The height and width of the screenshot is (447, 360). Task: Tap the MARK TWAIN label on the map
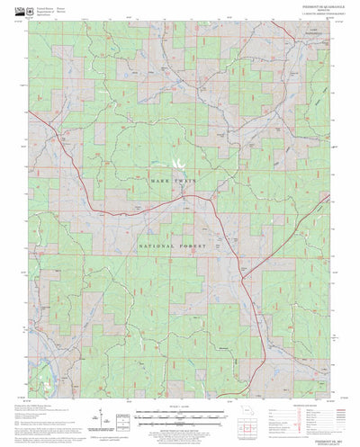click(179, 180)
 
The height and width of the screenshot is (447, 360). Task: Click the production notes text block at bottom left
click(36, 400)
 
